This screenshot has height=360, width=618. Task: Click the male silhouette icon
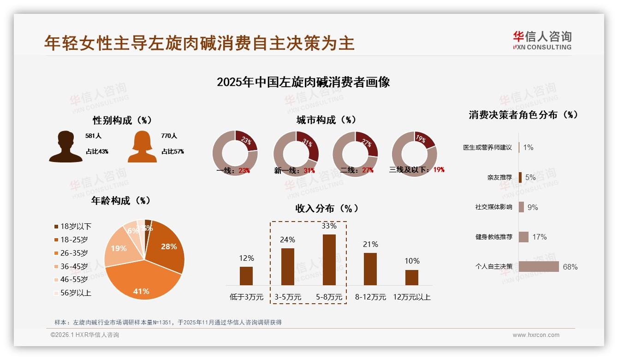tap(65, 147)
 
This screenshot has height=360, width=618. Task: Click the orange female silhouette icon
tap(142, 147)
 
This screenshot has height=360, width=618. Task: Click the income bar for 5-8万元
tap(329, 260)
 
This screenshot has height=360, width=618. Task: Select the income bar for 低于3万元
tap(246, 276)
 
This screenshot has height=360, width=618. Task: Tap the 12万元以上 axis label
tap(411, 297)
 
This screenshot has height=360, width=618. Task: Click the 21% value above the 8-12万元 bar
tap(370, 244)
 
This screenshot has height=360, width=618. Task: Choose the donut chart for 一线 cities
tap(235, 153)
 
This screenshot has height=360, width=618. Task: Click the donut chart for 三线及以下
tap(414, 153)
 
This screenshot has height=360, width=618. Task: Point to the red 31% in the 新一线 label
tap(309, 170)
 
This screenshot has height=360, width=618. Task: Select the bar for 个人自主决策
tap(539, 266)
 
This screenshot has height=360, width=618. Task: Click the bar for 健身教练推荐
tap(523, 237)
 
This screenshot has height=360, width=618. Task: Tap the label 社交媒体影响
tap(493, 207)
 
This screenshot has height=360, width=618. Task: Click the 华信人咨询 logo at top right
tap(542, 40)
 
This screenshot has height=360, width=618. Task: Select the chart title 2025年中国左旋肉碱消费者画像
tap(303, 82)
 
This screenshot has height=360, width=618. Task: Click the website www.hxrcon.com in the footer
tap(536, 335)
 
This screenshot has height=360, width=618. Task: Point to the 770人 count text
tap(169, 136)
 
